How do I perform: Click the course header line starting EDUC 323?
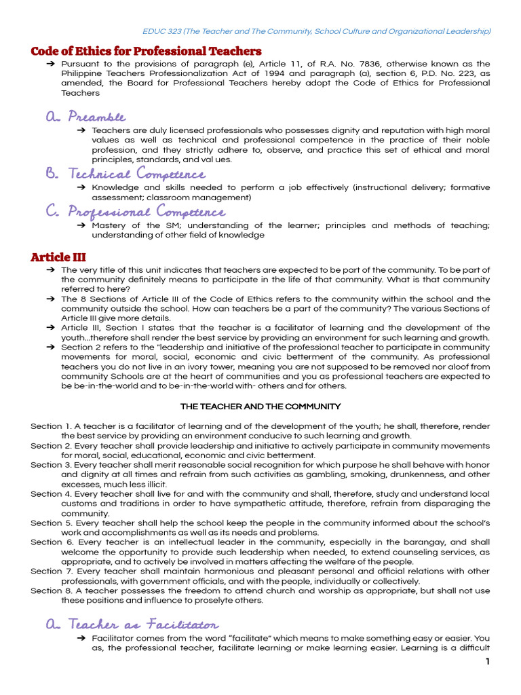[x=317, y=31]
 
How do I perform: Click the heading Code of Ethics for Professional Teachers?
[x=146, y=52]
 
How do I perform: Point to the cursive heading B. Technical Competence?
[x=126, y=174]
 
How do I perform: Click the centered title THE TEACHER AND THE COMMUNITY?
[x=260, y=407]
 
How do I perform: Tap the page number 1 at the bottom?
[x=487, y=662]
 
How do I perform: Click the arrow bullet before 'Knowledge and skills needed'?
[x=81, y=188]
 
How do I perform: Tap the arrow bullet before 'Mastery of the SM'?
[x=81, y=226]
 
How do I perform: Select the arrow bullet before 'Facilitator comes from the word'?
[x=81, y=639]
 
